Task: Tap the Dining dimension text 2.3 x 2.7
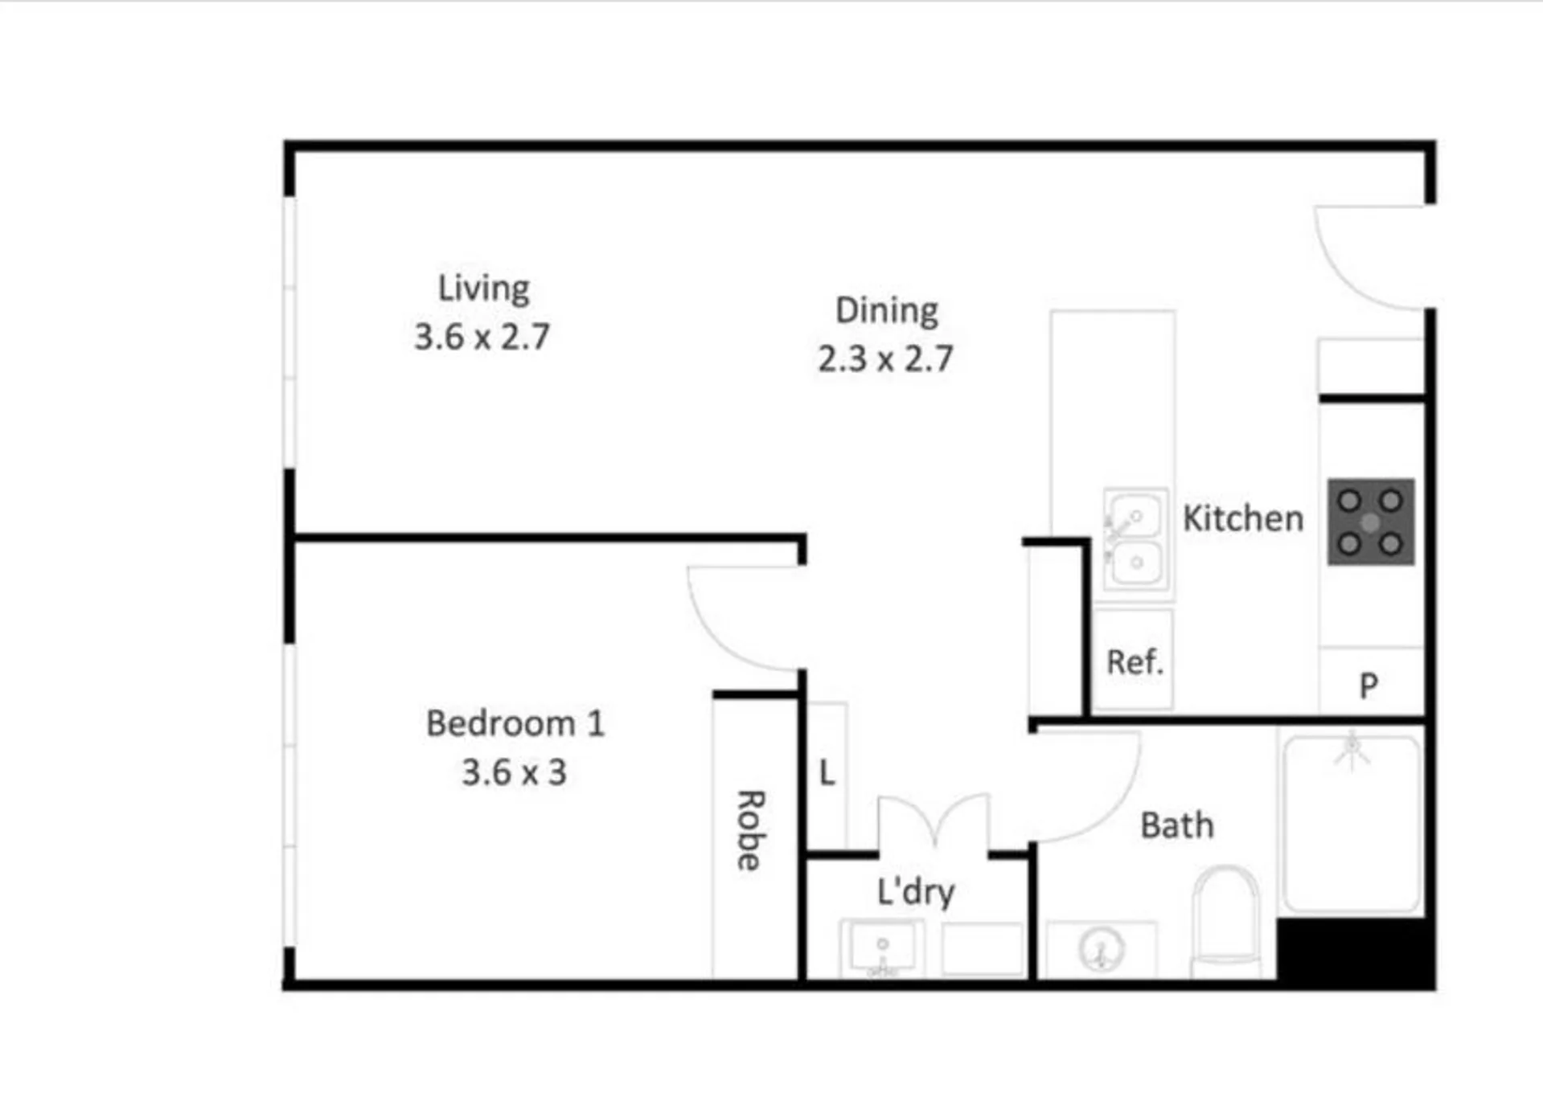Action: pos(885,358)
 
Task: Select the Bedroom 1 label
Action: pos(515,723)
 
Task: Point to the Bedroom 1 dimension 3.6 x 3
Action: pos(514,772)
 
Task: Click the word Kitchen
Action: pos(1243,518)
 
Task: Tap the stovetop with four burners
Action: pos(1370,522)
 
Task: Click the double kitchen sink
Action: pos(1135,539)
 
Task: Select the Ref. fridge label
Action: pos(1135,662)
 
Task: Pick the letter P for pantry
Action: pos(1369,686)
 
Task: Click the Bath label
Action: pos(1177,825)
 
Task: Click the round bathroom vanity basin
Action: pos(1101,949)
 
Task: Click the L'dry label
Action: pos(916,891)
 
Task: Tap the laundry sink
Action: pos(882,948)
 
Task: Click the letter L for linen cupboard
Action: pos(827,773)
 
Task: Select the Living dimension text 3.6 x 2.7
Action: pos(482,337)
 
